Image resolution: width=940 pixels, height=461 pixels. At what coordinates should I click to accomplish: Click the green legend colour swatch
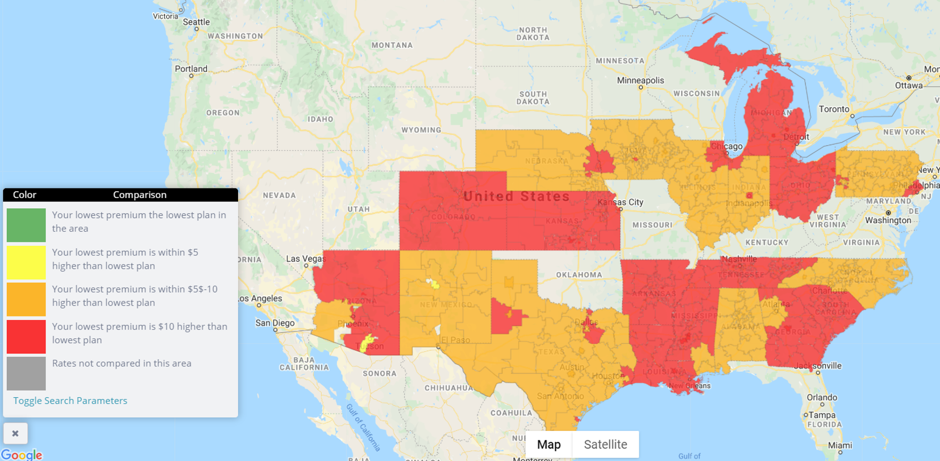click(x=26, y=225)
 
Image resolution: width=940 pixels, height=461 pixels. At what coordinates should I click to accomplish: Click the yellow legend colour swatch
click(x=26, y=262)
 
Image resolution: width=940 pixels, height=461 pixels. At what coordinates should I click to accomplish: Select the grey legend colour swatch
click(x=26, y=373)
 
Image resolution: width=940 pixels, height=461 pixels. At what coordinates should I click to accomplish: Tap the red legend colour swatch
click(x=26, y=336)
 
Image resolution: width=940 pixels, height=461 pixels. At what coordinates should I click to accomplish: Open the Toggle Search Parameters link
click(x=70, y=401)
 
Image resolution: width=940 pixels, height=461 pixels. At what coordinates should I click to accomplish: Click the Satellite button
click(x=605, y=444)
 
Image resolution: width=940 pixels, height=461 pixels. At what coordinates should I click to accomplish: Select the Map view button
click(x=548, y=444)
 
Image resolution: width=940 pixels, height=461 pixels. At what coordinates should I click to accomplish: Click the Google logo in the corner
click(x=22, y=455)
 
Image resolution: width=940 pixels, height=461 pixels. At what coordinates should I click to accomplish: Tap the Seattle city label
click(x=196, y=22)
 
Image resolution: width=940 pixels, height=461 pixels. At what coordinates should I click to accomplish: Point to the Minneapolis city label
click(x=640, y=80)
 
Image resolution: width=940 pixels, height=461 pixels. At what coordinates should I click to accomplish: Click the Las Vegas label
click(x=305, y=259)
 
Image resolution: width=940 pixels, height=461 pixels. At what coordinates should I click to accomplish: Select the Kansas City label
click(x=620, y=202)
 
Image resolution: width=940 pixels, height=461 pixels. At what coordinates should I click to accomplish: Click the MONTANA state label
click(x=392, y=45)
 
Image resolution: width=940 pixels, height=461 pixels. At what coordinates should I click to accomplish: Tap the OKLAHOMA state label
click(x=579, y=275)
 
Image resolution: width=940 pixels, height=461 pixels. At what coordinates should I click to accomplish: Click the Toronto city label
click(x=834, y=109)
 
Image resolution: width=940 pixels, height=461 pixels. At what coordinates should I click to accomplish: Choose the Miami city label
click(x=839, y=445)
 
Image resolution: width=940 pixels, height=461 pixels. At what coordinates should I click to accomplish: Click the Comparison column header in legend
click(x=139, y=195)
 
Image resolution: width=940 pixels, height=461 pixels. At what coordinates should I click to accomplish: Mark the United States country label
click(x=516, y=196)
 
